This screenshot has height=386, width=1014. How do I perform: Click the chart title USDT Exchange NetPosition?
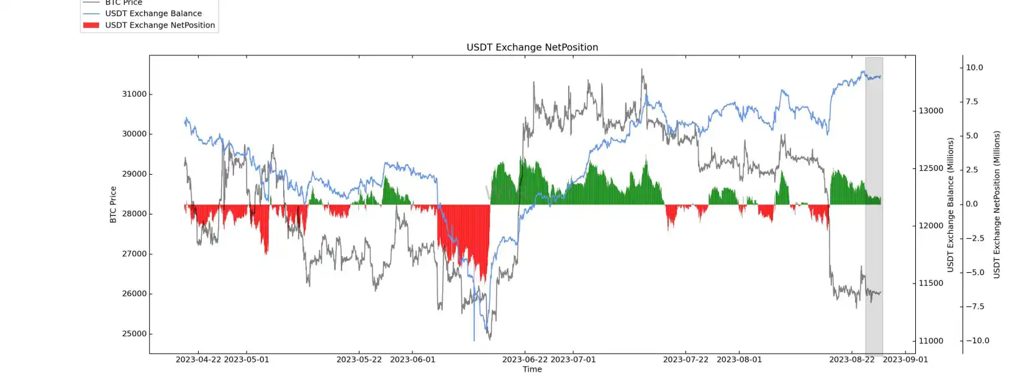coord(532,47)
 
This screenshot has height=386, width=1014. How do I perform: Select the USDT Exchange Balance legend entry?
coord(153,13)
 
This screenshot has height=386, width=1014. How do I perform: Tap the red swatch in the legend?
coord(91,25)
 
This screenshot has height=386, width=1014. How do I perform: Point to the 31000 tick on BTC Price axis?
coord(134,94)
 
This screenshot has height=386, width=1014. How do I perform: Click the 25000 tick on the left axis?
coord(134,334)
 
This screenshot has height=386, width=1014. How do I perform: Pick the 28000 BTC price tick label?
coord(134,214)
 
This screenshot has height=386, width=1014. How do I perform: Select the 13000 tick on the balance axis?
coord(931,111)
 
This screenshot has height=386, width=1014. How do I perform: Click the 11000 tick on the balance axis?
coord(931,341)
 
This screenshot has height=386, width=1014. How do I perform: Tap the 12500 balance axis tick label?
coord(931,168)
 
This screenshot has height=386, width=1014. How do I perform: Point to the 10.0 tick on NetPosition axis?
coord(974,68)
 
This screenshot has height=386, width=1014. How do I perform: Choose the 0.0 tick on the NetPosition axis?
coord(972,204)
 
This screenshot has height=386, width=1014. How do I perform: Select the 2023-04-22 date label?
coord(198,359)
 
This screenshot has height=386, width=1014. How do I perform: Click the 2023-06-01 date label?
coord(412,359)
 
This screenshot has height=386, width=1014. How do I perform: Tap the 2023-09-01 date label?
coord(905,359)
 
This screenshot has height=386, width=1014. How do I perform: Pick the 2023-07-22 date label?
coord(686,359)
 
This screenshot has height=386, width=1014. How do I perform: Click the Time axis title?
coord(532,369)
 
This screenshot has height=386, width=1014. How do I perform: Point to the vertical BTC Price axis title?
coord(113,204)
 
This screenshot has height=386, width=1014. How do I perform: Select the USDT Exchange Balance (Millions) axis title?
coord(950,204)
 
